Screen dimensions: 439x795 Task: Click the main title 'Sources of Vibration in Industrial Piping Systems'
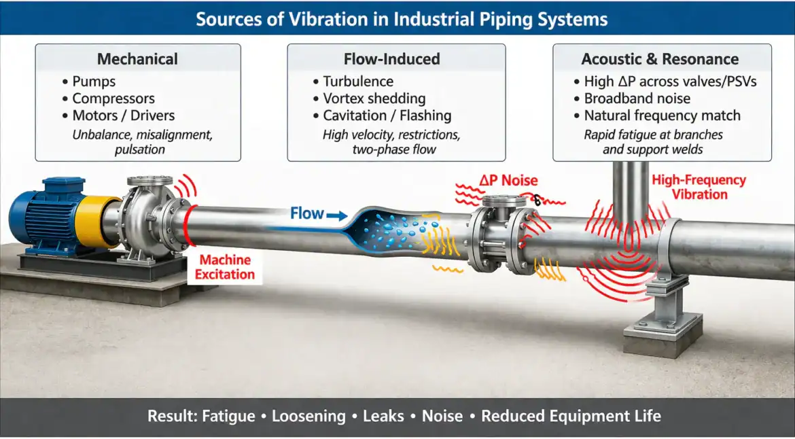click(x=402, y=18)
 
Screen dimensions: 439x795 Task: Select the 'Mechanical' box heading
click(x=138, y=59)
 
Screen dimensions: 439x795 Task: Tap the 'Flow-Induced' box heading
click(x=396, y=59)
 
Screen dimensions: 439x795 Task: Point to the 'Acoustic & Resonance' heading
click(x=662, y=59)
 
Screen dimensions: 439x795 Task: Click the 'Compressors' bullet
click(x=113, y=99)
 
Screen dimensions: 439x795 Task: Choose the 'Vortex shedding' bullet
click(x=374, y=99)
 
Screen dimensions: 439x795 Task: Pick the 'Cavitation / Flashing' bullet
click(x=387, y=116)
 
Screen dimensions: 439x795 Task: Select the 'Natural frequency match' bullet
click(x=662, y=116)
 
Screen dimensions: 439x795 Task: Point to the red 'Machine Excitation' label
click(x=225, y=267)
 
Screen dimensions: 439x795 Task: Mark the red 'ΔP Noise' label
click(x=508, y=181)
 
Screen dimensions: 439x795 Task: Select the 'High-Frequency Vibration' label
click(x=699, y=187)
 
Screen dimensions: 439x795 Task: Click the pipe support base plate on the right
click(x=662, y=333)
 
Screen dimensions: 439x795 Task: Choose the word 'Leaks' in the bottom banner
click(x=385, y=416)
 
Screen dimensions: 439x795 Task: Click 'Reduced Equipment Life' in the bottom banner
click(x=571, y=416)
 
